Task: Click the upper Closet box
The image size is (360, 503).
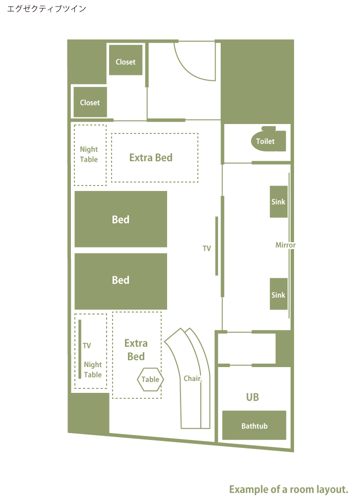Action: click(x=125, y=60)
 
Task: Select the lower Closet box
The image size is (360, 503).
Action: click(x=90, y=102)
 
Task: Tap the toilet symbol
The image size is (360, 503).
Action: click(x=268, y=139)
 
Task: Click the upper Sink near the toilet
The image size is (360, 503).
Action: click(x=279, y=202)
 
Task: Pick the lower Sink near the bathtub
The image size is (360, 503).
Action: click(x=279, y=294)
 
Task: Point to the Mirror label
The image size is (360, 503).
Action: click(x=285, y=245)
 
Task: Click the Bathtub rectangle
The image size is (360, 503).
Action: click(x=254, y=425)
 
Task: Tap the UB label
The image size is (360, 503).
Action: click(x=252, y=397)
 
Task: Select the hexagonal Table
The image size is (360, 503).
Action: click(x=150, y=379)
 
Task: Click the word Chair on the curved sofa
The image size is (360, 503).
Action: click(x=192, y=378)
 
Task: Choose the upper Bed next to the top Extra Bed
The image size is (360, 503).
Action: click(x=121, y=219)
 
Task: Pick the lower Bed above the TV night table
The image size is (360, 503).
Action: click(x=121, y=281)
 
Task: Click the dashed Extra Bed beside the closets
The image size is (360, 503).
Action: click(x=155, y=158)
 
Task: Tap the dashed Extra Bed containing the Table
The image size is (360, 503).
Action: click(x=136, y=355)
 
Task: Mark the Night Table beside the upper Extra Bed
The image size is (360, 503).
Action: click(x=90, y=155)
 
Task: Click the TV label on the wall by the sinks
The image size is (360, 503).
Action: click(x=207, y=249)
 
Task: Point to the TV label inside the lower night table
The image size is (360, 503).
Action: click(x=87, y=345)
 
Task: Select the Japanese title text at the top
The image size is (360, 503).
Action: click(x=47, y=8)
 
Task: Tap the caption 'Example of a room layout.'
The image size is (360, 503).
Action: click(x=289, y=490)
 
